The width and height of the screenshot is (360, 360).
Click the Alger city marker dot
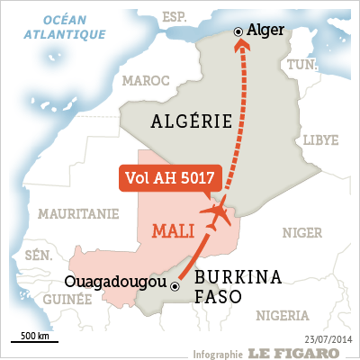coord(238,31)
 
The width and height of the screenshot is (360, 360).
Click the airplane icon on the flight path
coord(216,213)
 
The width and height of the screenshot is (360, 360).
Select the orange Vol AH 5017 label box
coord(166,177)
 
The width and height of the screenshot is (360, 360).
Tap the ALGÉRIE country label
coord(193,121)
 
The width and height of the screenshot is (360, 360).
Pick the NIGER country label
coord(301,232)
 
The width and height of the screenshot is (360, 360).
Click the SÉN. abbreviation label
coord(39,256)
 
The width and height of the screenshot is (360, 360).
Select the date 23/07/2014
coord(329,338)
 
